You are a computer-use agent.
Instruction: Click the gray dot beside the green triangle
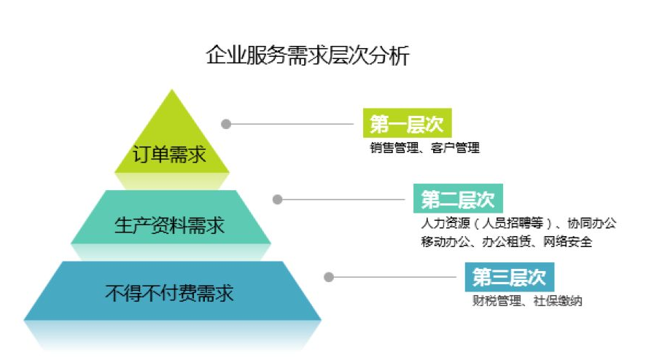(x=226, y=124)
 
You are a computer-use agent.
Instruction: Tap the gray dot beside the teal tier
(x=277, y=199)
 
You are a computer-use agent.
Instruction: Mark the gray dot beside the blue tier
(x=329, y=277)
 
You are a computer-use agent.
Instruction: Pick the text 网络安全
(x=568, y=242)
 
